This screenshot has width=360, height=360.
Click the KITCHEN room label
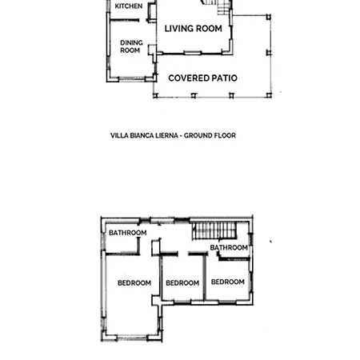(129, 6)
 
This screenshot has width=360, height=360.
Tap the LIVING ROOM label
(194, 29)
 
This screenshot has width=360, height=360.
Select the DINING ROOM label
(131, 46)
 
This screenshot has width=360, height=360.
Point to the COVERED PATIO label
(202, 78)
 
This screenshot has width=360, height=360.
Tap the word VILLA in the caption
(118, 135)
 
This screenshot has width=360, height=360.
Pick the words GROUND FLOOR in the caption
(210, 135)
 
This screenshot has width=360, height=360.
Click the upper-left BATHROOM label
(128, 233)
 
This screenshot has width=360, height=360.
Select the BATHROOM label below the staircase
(229, 248)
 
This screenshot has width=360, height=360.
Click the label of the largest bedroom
(134, 283)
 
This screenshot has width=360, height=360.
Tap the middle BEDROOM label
(182, 283)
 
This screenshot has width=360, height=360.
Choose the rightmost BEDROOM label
(228, 282)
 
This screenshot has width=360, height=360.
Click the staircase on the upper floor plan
(214, 231)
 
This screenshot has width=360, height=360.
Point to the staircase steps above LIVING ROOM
(217, 6)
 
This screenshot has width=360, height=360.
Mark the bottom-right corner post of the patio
(269, 95)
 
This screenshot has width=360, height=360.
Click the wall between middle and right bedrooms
(205, 278)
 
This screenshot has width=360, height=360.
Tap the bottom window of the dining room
(132, 78)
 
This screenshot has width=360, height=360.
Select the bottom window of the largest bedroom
(132, 338)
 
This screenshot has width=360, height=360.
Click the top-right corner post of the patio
(269, 17)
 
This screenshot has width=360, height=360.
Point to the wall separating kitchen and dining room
(124, 20)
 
